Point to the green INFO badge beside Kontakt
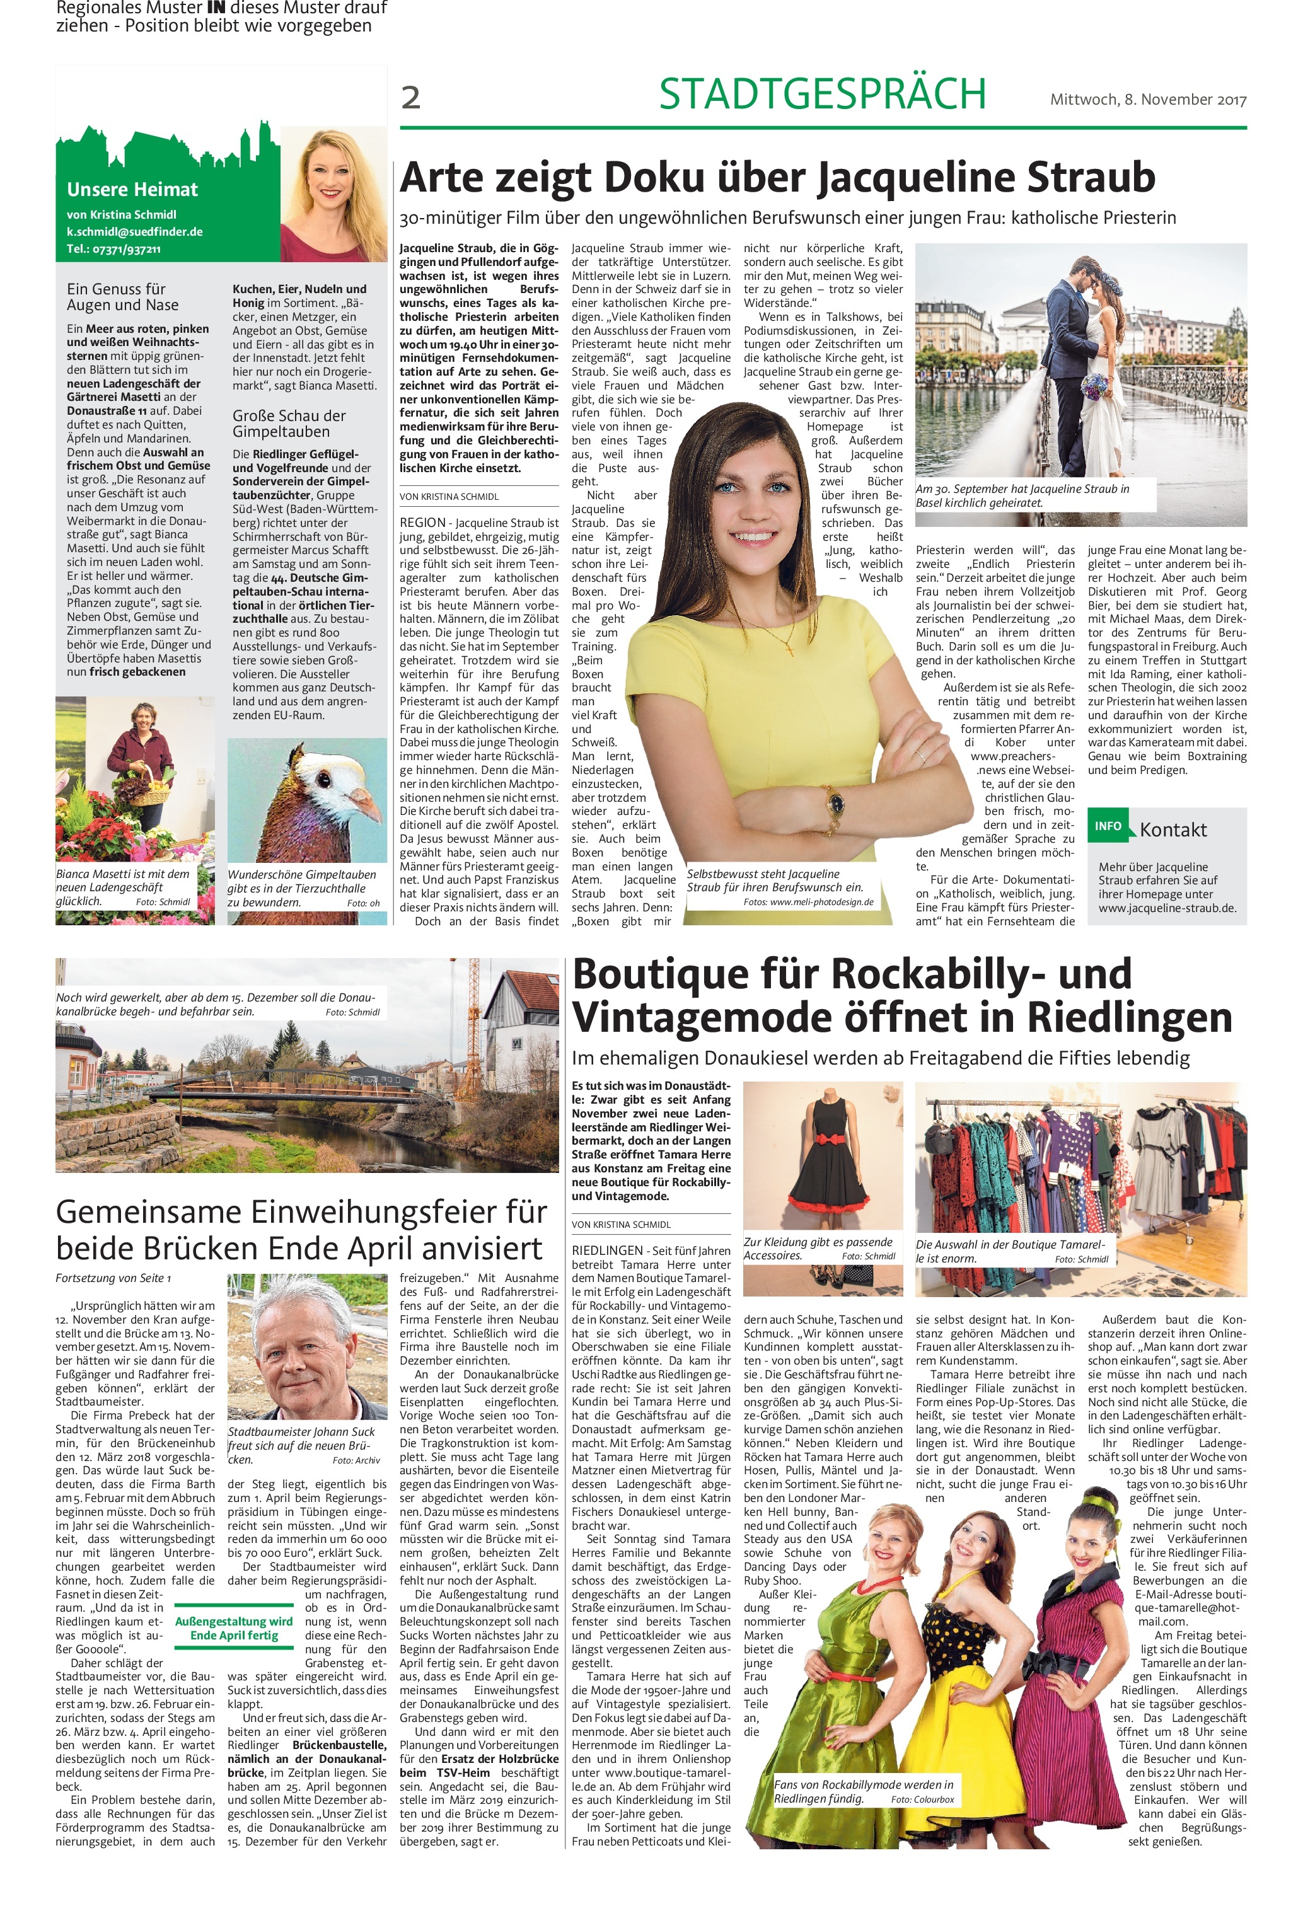point(1107,826)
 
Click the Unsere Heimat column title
point(132,190)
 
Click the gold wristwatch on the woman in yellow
point(833,800)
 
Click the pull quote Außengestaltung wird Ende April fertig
point(234,1628)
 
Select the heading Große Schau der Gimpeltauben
point(289,423)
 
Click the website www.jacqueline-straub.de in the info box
point(1167,908)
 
